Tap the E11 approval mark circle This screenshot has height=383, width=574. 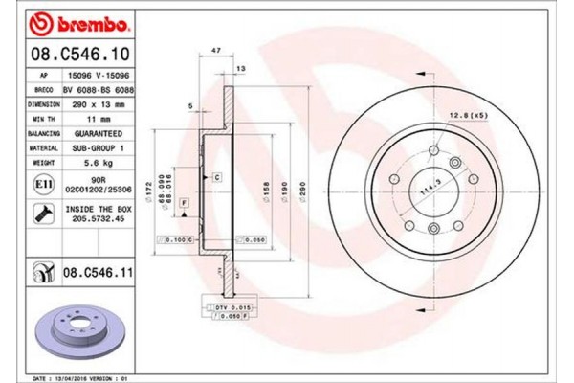44,185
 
